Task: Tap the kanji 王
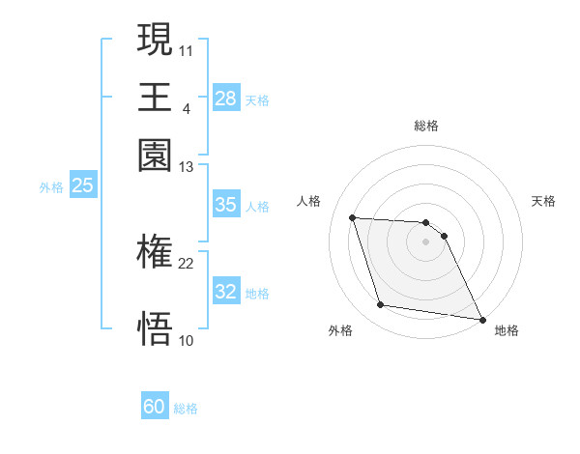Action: tap(155, 97)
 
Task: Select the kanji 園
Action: tap(155, 155)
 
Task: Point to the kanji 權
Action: tap(155, 253)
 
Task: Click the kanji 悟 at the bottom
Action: tap(155, 328)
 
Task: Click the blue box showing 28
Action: tap(225, 98)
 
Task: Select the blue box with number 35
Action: tap(225, 205)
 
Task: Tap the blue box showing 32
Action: tap(225, 293)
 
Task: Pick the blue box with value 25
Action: tap(82, 185)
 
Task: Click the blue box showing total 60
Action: tap(155, 407)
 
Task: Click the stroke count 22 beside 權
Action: tap(186, 263)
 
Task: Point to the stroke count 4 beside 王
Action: tap(186, 108)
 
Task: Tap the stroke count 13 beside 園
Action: tap(186, 167)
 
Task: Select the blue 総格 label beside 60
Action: tap(186, 409)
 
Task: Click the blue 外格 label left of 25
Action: tap(51, 187)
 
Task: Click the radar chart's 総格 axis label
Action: tap(426, 126)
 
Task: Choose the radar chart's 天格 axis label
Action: tap(543, 201)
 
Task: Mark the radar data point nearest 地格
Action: tap(481, 319)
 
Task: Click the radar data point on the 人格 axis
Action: tap(352, 217)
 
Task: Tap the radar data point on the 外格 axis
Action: tap(381, 305)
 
